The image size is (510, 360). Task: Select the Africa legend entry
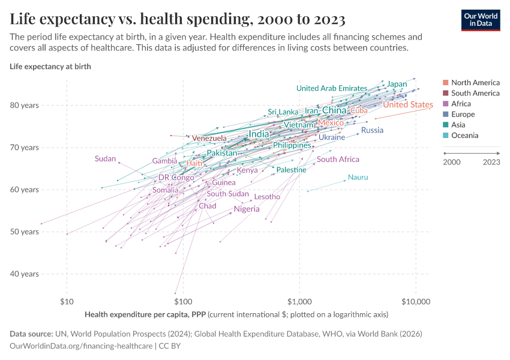[462, 104]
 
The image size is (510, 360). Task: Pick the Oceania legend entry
[464, 136]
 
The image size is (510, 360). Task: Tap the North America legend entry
[475, 83]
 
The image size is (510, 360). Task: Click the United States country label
[407, 105]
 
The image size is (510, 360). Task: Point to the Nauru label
[358, 178]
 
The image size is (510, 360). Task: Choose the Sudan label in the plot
[105, 159]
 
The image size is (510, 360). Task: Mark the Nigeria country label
[247, 209]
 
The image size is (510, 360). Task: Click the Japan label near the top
[397, 84]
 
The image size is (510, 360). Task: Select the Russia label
[372, 130]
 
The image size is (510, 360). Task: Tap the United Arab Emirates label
[331, 89]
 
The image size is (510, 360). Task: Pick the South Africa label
[338, 160]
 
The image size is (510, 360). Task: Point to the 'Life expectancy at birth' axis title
[50, 67]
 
